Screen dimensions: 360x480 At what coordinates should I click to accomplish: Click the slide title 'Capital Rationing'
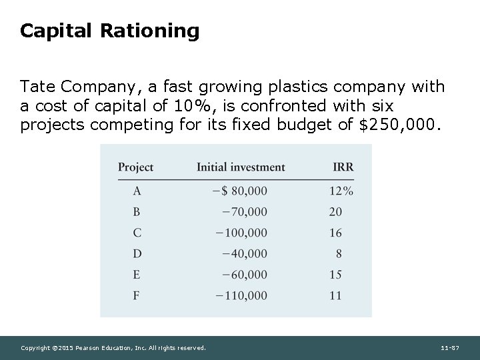coord(109,31)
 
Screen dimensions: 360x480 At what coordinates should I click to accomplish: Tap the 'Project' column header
coord(135,167)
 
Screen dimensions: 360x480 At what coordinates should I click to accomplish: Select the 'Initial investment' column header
coord(241,167)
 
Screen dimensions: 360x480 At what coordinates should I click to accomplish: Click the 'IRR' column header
coord(343,167)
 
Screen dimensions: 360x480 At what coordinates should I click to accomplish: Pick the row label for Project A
coord(137,191)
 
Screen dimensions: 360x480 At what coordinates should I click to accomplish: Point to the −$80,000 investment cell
coord(239,191)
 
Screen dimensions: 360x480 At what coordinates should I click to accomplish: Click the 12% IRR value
coord(341,191)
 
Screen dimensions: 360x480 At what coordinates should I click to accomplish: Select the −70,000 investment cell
coord(245,212)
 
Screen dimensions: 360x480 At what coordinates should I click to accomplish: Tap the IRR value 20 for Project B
coord(335,212)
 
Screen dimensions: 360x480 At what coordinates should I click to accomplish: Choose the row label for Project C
coord(137,233)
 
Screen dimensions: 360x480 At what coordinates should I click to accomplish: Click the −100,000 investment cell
coord(241,233)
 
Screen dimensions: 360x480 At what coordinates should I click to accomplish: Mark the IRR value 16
coord(335,233)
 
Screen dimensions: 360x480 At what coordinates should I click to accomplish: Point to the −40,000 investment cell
coord(245,253)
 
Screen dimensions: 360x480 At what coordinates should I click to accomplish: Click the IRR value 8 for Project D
coord(338,253)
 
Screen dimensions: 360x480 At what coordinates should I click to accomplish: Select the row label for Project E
coord(137,274)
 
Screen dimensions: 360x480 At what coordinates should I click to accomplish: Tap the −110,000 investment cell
coord(241,295)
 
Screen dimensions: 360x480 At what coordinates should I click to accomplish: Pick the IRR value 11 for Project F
coord(335,295)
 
